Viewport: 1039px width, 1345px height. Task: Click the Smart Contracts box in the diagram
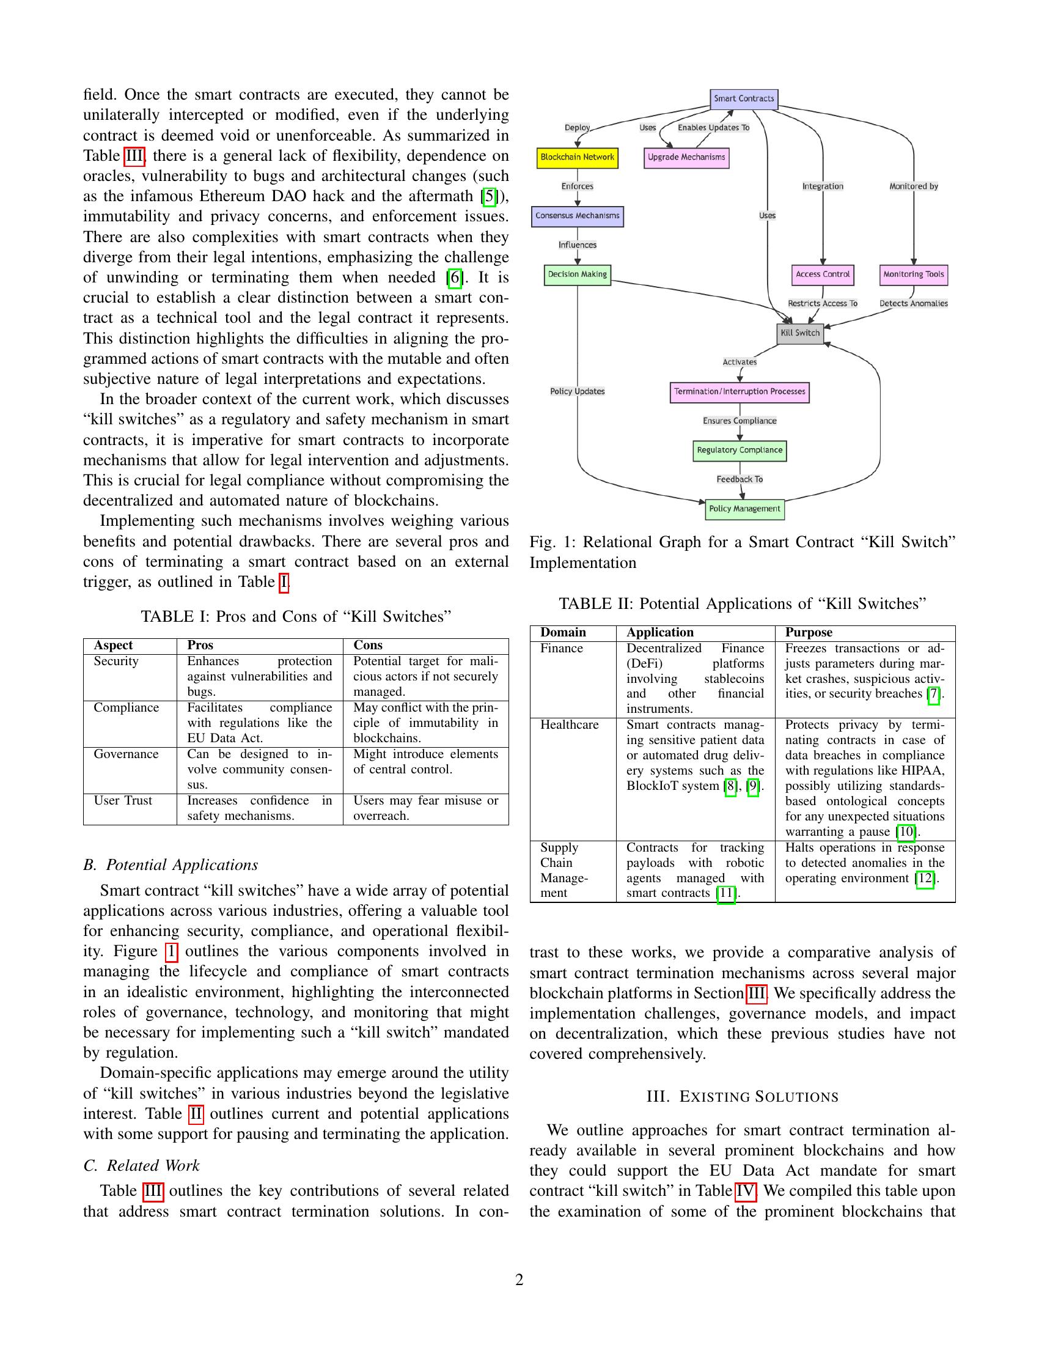[744, 99]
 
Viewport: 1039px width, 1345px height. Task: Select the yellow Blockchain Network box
[577, 158]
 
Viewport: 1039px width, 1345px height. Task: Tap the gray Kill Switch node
[799, 333]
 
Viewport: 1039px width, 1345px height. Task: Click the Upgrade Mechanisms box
[686, 158]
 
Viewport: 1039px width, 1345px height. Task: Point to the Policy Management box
[744, 509]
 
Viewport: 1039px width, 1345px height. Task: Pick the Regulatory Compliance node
[740, 451]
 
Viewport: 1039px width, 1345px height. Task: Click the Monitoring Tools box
[914, 275]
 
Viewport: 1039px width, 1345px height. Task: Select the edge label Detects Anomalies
[914, 304]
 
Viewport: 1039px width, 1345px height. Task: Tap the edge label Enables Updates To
[713, 128]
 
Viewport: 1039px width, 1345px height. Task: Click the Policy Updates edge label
[578, 392]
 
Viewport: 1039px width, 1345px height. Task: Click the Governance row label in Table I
[125, 754]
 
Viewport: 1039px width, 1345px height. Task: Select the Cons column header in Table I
[367, 646]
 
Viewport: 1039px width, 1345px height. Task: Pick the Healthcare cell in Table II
[570, 725]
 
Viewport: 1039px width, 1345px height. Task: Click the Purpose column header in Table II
[808, 633]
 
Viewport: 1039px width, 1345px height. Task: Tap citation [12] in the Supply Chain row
[925, 878]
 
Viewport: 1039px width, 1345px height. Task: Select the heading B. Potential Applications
[171, 865]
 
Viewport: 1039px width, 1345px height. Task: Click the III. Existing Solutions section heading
[743, 1097]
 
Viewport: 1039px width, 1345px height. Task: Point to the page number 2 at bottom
[519, 1280]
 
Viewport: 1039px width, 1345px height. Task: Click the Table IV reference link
[745, 1191]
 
